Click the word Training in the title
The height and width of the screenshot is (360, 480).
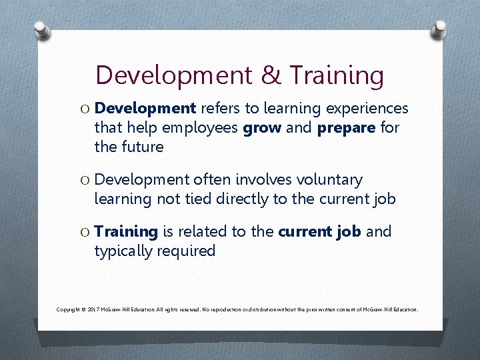click(336, 75)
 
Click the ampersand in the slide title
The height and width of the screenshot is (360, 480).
click(271, 75)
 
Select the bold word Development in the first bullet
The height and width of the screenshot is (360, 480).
click(145, 109)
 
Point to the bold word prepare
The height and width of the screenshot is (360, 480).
click(345, 127)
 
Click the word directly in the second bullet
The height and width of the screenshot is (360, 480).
click(249, 199)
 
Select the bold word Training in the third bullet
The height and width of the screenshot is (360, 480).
click(126, 232)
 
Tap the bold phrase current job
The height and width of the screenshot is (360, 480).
click(319, 232)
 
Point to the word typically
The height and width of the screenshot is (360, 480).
click(123, 251)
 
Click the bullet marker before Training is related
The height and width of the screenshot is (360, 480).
click(84, 232)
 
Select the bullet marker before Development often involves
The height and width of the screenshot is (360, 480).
click(84, 180)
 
